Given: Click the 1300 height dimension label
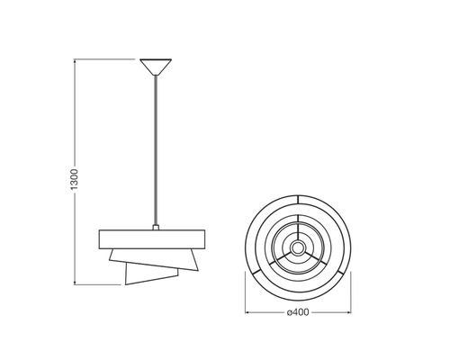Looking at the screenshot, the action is [74, 179].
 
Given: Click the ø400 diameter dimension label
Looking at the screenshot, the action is [298, 312].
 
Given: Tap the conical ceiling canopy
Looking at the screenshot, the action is [156, 67].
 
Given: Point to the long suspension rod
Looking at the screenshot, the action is [156, 150].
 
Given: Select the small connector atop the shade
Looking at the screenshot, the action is [156, 227].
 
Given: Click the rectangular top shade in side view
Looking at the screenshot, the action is [152, 239].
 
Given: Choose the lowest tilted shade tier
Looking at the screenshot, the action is [150, 274].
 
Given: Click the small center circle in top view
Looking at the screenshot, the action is [298, 247].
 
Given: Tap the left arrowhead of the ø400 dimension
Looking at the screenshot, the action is [247, 312].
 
